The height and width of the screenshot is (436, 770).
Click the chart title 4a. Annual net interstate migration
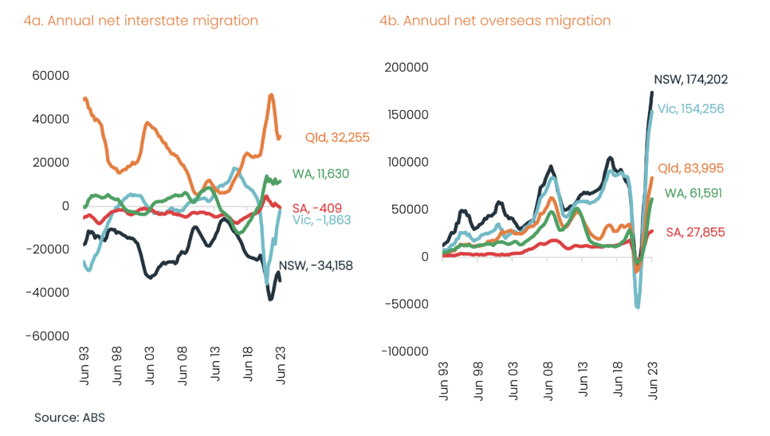(140, 21)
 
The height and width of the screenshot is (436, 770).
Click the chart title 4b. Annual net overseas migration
(495, 21)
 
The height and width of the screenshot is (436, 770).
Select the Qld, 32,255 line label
(337, 138)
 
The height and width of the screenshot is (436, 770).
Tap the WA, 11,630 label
(321, 174)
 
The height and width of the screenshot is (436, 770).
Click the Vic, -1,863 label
(321, 220)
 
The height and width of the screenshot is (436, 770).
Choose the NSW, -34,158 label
(315, 265)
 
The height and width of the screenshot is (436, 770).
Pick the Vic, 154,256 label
(690, 109)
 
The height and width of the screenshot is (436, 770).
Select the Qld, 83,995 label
(690, 169)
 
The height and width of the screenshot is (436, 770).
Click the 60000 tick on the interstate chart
(51, 76)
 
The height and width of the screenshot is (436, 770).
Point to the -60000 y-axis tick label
(47, 336)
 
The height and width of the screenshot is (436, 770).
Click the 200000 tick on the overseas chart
(407, 67)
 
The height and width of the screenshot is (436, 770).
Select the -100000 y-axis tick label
(404, 351)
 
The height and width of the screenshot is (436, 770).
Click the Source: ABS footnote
(70, 418)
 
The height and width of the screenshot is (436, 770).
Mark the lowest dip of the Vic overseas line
(638, 307)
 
